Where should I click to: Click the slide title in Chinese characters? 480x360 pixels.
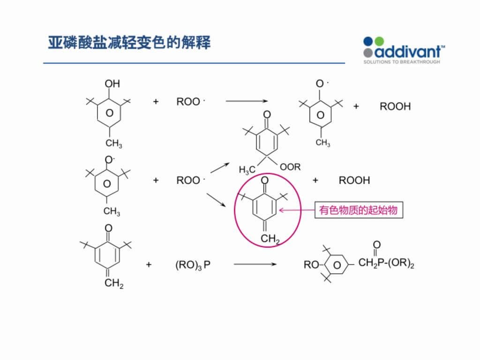(x=129, y=42)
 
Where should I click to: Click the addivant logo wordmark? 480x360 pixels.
(x=409, y=52)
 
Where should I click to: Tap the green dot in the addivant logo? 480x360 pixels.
(x=379, y=41)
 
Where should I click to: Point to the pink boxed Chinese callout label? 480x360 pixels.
(x=359, y=210)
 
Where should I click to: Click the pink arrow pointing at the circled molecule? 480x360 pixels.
(x=297, y=210)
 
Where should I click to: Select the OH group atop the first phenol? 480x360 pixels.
(x=112, y=83)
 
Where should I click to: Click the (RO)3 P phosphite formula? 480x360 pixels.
(x=193, y=265)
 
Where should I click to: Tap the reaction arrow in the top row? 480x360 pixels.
(x=247, y=101)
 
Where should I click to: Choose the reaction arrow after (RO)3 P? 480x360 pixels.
(x=255, y=264)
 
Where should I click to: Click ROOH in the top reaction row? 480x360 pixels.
(x=395, y=106)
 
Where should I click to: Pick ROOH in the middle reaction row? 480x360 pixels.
(x=354, y=180)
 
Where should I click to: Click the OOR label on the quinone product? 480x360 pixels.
(x=290, y=167)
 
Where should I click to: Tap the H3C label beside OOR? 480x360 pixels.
(x=247, y=170)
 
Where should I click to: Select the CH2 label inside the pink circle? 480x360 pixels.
(x=270, y=239)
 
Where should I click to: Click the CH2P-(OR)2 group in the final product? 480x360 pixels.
(x=386, y=263)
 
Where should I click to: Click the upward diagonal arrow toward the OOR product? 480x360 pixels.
(x=220, y=168)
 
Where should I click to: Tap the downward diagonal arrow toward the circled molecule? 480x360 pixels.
(x=216, y=200)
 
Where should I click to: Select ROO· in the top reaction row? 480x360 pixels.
(x=190, y=102)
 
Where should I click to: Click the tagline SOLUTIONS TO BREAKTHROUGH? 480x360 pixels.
(x=402, y=62)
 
